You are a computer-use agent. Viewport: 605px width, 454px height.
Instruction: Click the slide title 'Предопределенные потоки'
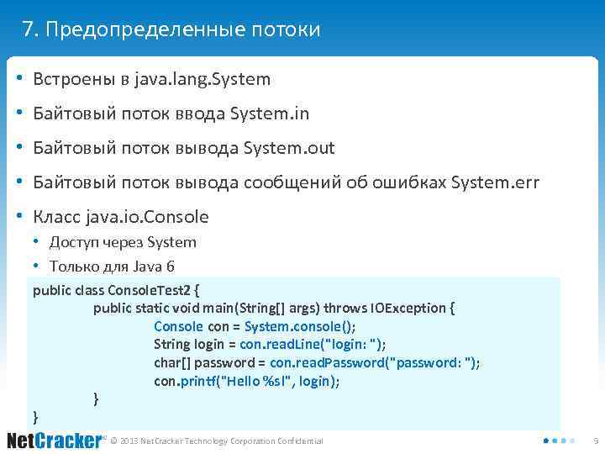(183, 30)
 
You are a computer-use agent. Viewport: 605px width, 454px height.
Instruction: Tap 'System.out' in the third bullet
(288, 148)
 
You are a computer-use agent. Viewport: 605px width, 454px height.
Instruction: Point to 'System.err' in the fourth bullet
(495, 182)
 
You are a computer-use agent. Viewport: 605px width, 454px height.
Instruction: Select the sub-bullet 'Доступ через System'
(123, 242)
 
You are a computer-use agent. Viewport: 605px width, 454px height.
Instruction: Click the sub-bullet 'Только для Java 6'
(112, 267)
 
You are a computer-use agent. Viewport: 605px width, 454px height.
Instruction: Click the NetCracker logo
(54, 441)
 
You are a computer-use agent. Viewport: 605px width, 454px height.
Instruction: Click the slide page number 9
(595, 441)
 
